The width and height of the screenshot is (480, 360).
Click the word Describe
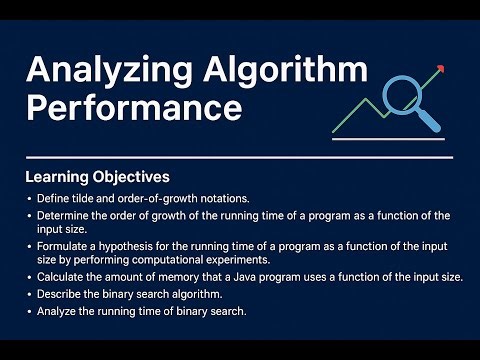60,294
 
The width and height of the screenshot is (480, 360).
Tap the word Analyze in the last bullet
58,311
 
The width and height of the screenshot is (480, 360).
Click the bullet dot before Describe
29,294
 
